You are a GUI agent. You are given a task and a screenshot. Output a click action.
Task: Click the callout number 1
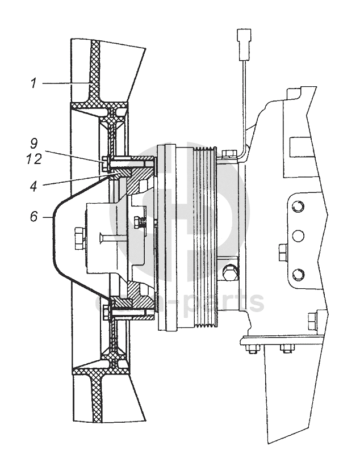tap(34, 83)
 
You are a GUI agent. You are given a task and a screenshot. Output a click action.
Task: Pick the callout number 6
tap(34, 217)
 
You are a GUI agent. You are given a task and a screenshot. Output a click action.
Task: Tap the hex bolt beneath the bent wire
tap(228, 154)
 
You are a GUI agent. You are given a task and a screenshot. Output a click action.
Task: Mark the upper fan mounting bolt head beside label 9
tap(106, 163)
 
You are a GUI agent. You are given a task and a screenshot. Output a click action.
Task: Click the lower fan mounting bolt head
tap(106, 310)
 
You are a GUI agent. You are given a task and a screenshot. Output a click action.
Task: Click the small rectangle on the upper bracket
tap(297, 147)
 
